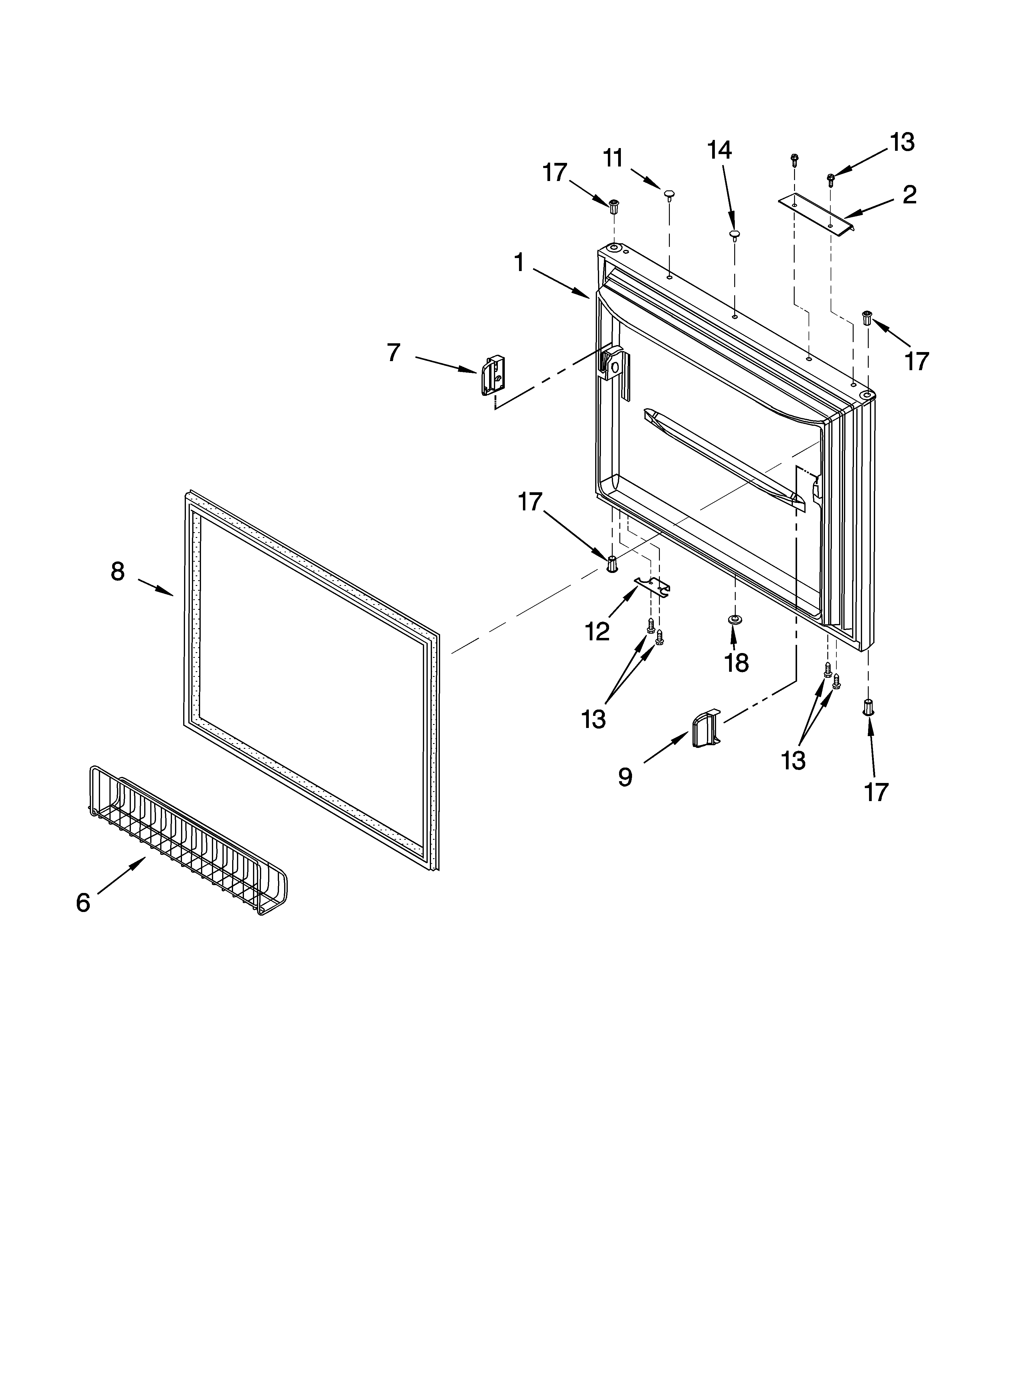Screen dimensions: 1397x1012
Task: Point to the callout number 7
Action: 393,353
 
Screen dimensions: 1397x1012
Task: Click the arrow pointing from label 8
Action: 155,587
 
